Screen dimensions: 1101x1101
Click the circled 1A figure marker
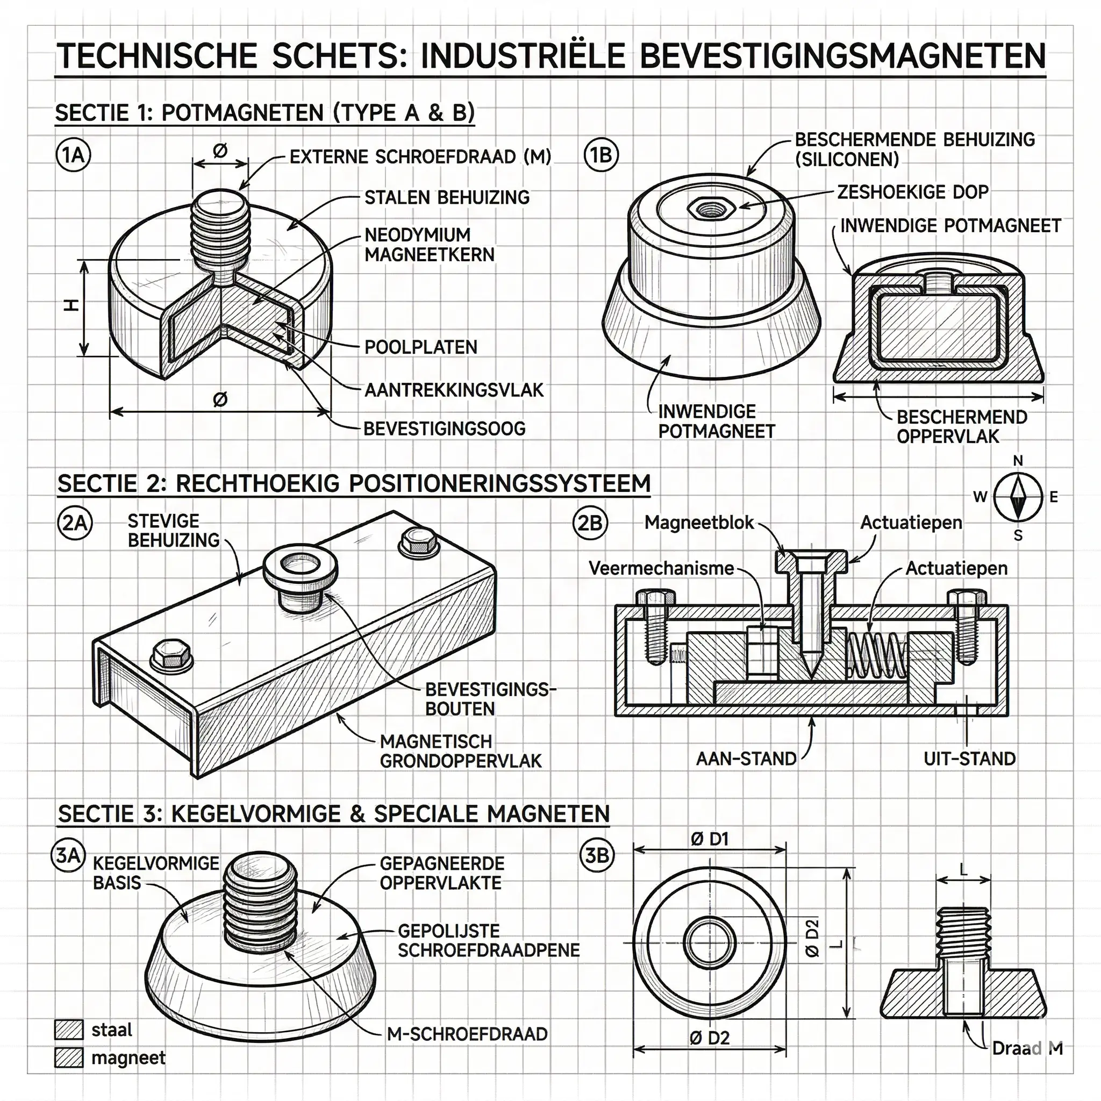pyautogui.click(x=73, y=155)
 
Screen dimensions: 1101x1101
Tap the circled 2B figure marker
pyautogui.click(x=590, y=523)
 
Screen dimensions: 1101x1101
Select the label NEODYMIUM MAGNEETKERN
pyautogui.click(x=429, y=245)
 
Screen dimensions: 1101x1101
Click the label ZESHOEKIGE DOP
pyautogui.click(x=912, y=192)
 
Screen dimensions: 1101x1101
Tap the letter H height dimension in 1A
pyautogui.click(x=70, y=306)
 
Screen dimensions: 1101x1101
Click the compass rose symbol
pyautogui.click(x=1018, y=496)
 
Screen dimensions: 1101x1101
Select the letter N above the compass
pyautogui.click(x=1018, y=461)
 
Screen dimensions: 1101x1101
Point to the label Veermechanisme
pyautogui.click(x=661, y=568)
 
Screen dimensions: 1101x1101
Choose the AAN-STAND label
pyautogui.click(x=746, y=759)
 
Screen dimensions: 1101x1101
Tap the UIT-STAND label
pyautogui.click(x=969, y=759)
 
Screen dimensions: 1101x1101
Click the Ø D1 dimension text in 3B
pyautogui.click(x=710, y=839)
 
